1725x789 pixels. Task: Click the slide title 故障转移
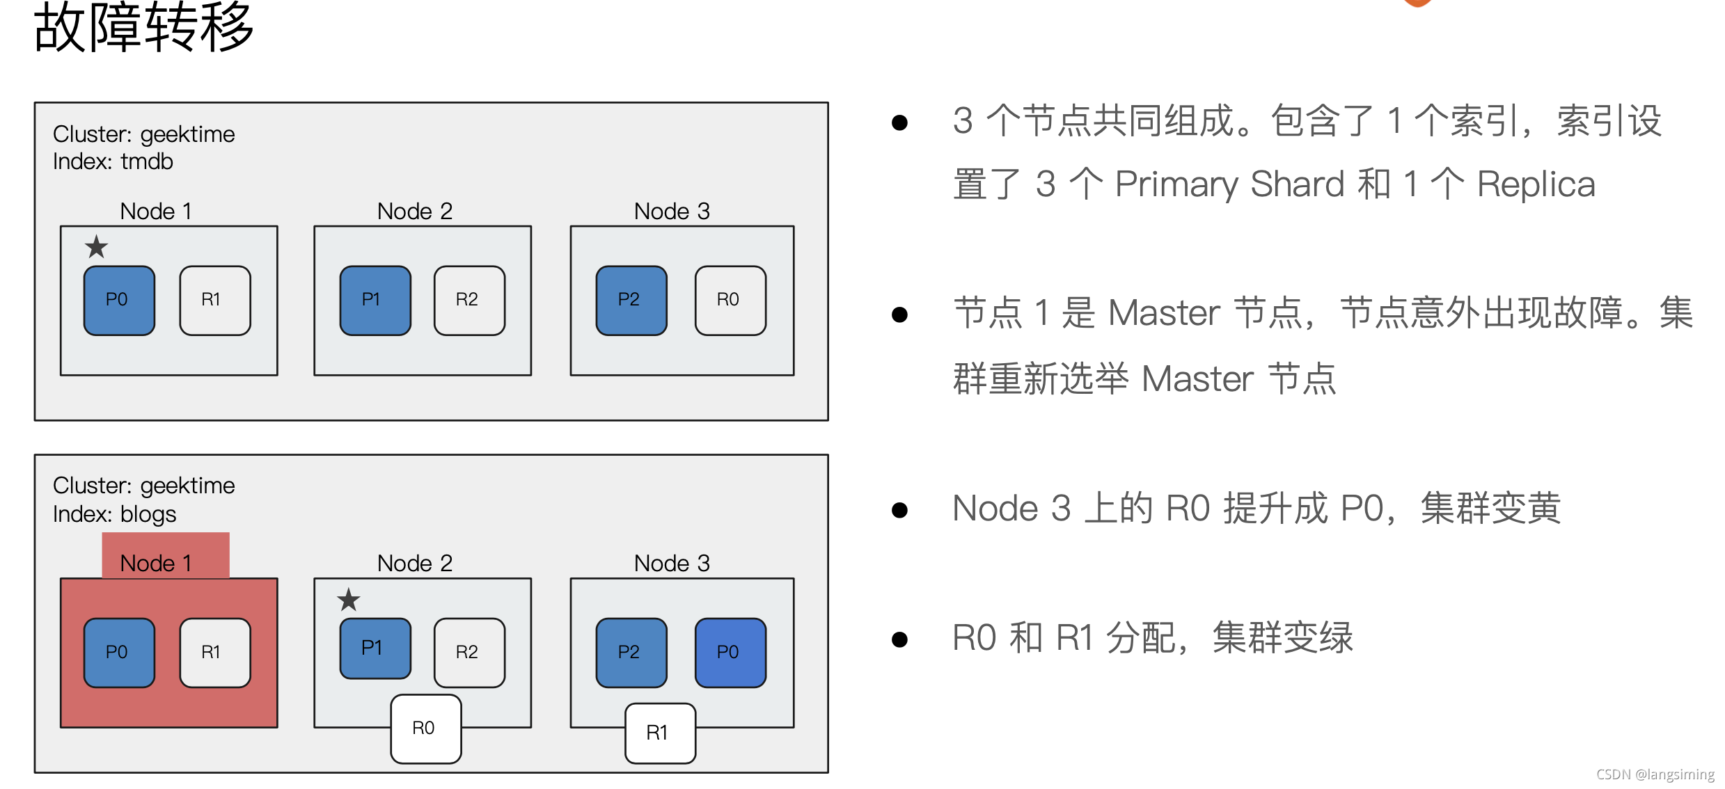143,28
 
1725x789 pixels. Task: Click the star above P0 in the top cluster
96,247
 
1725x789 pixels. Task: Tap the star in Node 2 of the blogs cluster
349,600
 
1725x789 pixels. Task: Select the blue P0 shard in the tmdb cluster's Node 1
119,301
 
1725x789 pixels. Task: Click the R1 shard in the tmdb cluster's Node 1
214,301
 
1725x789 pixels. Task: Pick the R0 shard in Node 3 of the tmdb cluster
730,301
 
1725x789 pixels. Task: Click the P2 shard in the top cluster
631,301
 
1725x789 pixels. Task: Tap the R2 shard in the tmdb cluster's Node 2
469,301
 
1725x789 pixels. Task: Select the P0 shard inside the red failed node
119,653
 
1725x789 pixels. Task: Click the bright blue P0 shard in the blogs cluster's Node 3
730,653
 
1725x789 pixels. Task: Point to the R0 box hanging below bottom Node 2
425,728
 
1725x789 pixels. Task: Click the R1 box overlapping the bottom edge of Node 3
660,733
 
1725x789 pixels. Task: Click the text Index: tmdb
113,161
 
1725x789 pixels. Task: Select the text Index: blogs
114,513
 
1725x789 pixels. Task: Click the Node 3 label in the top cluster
672,211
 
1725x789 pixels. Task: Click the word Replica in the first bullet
1536,185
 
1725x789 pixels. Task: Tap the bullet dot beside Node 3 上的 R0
899,510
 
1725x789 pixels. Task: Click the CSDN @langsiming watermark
1655,774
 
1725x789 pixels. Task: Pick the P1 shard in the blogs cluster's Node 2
375,648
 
